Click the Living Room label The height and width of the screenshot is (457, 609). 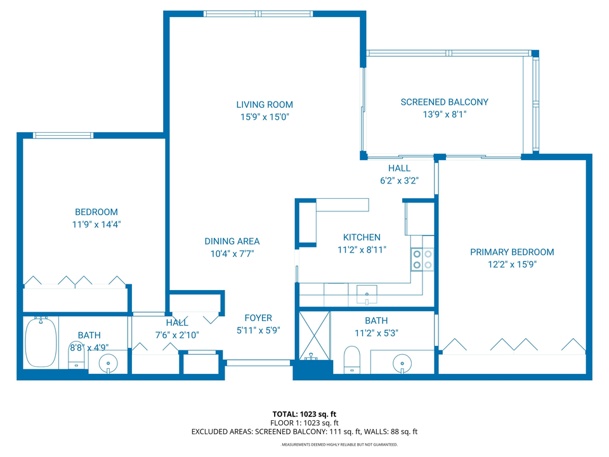pos(265,105)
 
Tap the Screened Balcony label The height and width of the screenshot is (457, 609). pos(444,102)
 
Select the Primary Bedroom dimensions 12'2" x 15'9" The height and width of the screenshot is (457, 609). pos(511,265)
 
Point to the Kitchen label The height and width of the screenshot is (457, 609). pos(362,237)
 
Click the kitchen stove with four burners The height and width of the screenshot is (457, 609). pos(422,259)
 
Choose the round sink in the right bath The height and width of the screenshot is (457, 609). pos(402,364)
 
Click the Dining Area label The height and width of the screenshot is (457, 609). pos(232,241)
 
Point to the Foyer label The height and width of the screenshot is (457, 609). pos(258,318)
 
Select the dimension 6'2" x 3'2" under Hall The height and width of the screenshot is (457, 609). pos(399,180)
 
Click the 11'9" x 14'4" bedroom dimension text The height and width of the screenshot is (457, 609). pos(96,224)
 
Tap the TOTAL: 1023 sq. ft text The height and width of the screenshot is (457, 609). pos(304,414)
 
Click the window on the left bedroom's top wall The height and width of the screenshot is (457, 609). pos(63,135)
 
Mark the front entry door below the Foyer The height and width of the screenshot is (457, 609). pos(258,363)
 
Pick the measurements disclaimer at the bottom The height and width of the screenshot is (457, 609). pos(339,445)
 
